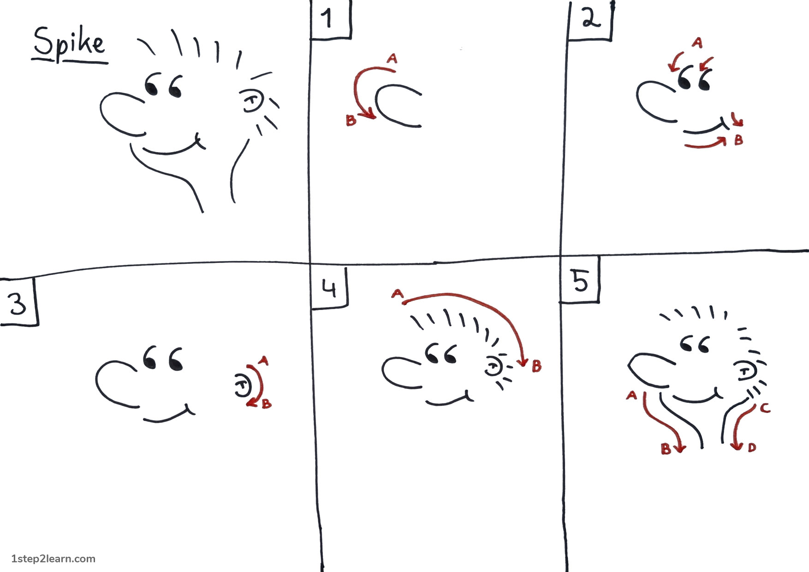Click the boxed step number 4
[x=329, y=288]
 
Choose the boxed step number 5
[x=580, y=280]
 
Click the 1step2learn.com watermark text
[x=53, y=559]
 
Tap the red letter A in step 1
[x=392, y=59]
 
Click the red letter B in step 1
[x=351, y=120]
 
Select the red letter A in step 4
[x=397, y=293]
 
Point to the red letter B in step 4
[x=536, y=366]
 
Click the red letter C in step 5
[x=765, y=408]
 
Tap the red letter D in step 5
[x=752, y=447]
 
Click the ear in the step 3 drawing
[x=242, y=385]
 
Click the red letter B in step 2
[x=738, y=140]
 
